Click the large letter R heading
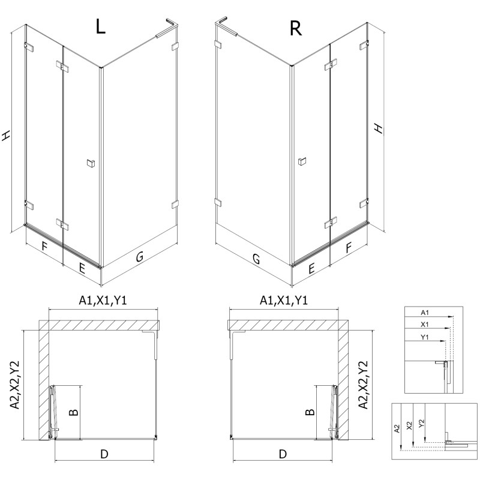[295, 28]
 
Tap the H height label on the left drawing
[7, 137]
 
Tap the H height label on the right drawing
[378, 128]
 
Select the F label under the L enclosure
[44, 246]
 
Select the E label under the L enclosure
[82, 268]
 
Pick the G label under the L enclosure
[139, 257]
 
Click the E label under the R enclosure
[311, 269]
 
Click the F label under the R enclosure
[349, 247]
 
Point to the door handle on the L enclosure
[91, 163]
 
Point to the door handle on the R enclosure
[302, 160]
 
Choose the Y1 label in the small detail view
[424, 338]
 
